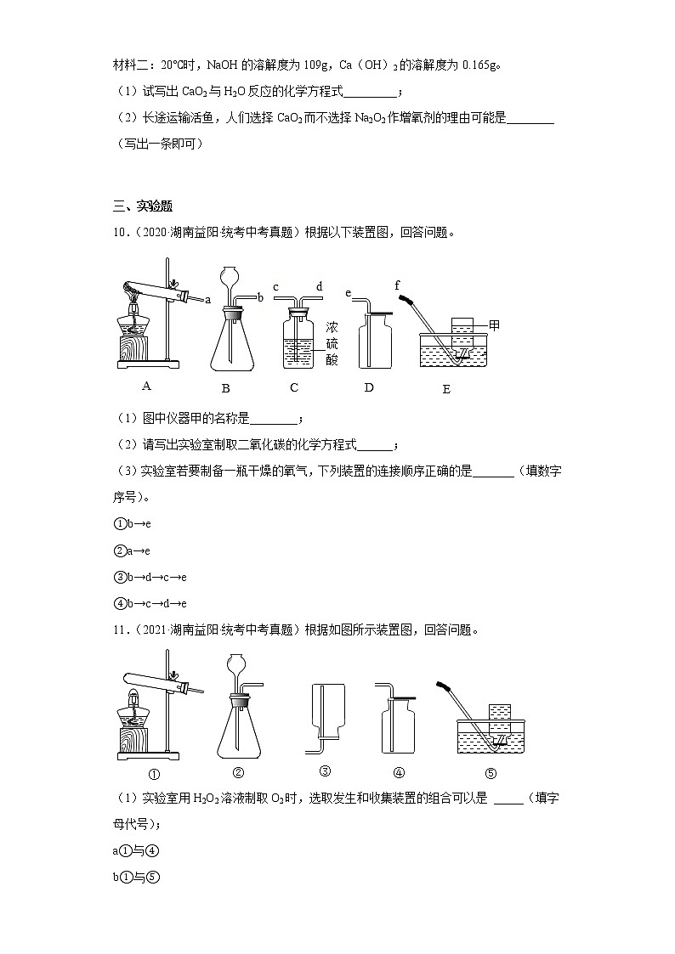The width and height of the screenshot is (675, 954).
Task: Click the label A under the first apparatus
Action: click(x=146, y=386)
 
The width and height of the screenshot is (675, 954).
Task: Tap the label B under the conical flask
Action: click(x=226, y=389)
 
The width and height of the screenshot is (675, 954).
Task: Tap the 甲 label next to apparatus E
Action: click(x=494, y=325)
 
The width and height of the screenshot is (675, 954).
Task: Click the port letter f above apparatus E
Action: click(x=397, y=286)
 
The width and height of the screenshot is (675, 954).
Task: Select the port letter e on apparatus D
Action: click(x=349, y=293)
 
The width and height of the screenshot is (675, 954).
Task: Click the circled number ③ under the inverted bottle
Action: click(x=325, y=771)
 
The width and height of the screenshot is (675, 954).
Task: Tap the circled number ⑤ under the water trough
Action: click(x=490, y=773)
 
